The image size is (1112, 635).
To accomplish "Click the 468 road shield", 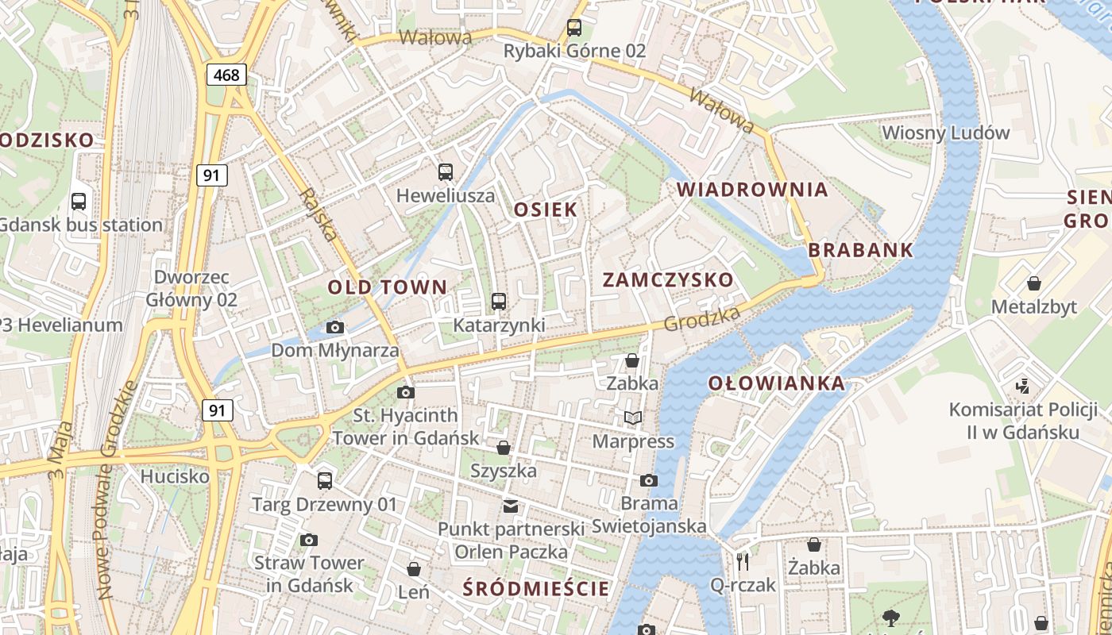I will [226, 75].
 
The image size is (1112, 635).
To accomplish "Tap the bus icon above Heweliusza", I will [446, 171].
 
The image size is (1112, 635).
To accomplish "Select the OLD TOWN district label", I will [388, 287].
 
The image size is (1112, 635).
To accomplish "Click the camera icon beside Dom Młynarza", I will [335, 327].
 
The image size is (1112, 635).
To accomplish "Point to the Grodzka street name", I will [701, 319].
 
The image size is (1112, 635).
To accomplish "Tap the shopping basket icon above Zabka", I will [632, 360].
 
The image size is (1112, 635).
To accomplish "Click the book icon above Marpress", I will [633, 418].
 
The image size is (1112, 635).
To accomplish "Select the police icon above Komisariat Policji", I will [1022, 387].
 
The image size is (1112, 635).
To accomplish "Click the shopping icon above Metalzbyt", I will [1034, 283].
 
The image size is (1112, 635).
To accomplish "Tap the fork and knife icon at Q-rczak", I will [743, 562].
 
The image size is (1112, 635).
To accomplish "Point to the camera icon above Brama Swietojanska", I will [649, 480].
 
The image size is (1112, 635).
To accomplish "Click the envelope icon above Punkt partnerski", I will [511, 506].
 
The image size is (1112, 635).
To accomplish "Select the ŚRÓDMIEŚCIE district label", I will [536, 589].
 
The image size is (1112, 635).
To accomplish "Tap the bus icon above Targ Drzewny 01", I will [324, 480].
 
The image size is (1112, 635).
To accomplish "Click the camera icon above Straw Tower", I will [309, 540].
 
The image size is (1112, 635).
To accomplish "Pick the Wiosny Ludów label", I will [945, 133].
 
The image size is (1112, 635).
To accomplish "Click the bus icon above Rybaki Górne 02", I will [574, 28].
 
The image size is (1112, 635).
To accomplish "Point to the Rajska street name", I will [319, 214].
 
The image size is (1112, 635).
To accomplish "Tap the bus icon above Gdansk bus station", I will [79, 201].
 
